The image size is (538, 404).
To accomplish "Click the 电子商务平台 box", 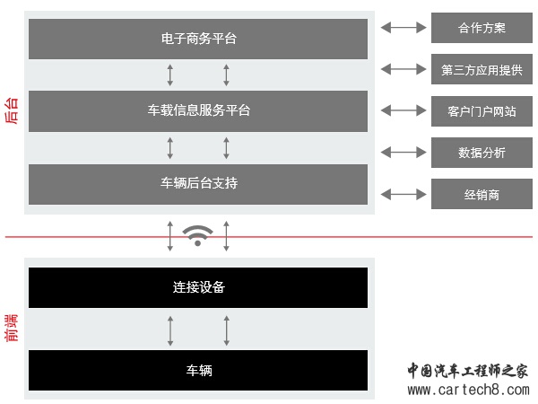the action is click(x=198, y=39).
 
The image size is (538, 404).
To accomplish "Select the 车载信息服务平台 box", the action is click(x=198, y=111).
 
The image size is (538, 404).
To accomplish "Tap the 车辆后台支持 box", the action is click(x=198, y=184).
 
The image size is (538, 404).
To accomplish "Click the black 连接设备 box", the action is click(x=198, y=287).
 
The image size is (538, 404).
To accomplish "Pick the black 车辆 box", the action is click(x=198, y=370).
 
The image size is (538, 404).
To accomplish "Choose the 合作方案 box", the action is click(x=482, y=28).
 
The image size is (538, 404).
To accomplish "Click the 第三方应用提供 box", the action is click(x=482, y=69).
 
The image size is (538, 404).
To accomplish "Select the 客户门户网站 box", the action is click(x=482, y=111).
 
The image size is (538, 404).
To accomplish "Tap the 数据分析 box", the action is click(x=482, y=153).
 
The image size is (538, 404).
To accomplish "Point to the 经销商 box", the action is click(x=482, y=194).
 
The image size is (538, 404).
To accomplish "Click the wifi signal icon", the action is click(x=197, y=235).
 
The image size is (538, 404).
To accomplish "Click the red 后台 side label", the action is click(x=12, y=110).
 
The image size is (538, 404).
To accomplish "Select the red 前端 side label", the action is click(x=12, y=328).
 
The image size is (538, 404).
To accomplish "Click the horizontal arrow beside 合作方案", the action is click(x=403, y=28).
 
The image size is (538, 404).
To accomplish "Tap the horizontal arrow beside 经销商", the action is click(x=403, y=194).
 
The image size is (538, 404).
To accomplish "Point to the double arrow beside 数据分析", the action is click(x=403, y=153).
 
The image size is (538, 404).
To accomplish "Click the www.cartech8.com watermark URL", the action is click(x=469, y=390).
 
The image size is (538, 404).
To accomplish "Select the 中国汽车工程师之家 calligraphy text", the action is click(x=468, y=371).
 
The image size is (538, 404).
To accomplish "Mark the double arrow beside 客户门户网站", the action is click(x=403, y=110).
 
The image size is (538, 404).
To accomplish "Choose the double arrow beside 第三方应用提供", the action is click(x=403, y=69).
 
